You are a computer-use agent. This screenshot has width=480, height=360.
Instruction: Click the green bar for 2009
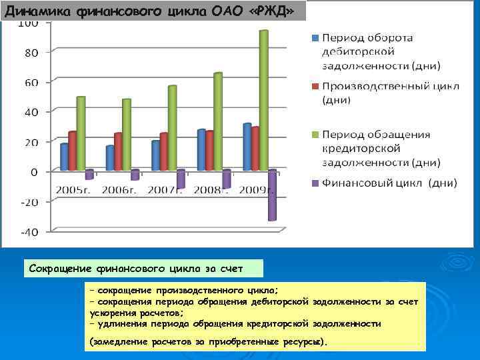(264, 100)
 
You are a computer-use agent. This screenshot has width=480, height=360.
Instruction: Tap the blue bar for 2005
(65, 157)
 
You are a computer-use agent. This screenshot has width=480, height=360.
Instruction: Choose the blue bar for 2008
(201, 149)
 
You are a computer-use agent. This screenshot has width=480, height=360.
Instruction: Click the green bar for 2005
(81, 133)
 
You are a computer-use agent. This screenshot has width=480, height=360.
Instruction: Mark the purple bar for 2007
(181, 179)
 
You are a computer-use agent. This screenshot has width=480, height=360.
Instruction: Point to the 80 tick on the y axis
(31, 52)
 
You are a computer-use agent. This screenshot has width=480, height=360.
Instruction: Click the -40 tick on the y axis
(29, 232)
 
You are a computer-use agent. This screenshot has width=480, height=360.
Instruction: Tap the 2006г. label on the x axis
(121, 190)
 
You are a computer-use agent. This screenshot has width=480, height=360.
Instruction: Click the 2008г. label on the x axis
(211, 190)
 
